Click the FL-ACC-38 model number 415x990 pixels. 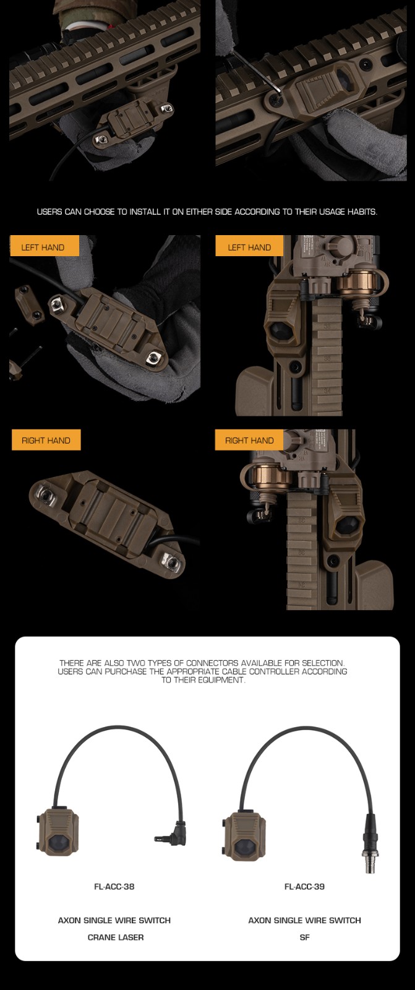[x=114, y=886]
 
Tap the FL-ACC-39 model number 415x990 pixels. [x=304, y=886]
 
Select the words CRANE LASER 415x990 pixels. [x=116, y=937]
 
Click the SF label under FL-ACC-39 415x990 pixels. [x=304, y=937]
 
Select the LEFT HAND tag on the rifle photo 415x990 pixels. [x=249, y=247]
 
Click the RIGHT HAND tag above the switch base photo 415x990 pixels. [x=46, y=440]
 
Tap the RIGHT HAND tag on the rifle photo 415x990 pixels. [x=249, y=440]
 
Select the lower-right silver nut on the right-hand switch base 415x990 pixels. [x=170, y=561]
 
